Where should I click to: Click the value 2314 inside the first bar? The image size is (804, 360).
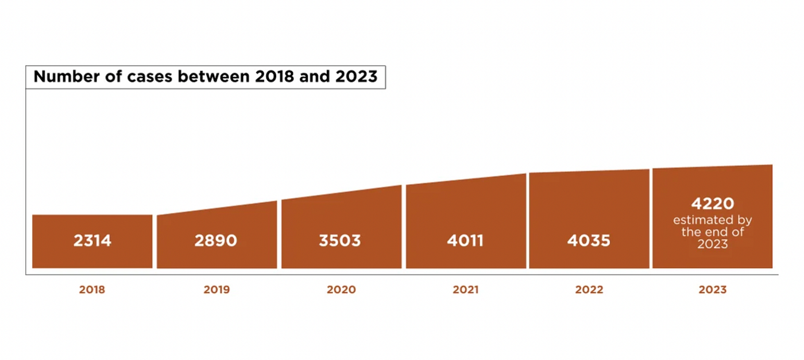[92, 241]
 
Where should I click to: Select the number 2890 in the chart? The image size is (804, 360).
[215, 241]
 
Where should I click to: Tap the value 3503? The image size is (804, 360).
[340, 241]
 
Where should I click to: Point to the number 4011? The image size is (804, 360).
[465, 241]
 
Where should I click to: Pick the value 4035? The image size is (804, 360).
[589, 241]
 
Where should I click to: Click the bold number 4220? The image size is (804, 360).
[712, 204]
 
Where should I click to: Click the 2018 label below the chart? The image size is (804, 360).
[92, 290]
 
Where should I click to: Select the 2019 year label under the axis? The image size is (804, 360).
[217, 290]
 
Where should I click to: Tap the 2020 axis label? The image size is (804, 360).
[341, 290]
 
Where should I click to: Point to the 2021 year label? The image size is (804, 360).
[465, 290]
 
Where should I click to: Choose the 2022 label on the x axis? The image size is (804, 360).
[589, 290]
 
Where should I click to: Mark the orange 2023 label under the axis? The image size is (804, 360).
[712, 290]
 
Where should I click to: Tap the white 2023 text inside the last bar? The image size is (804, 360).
[712, 243]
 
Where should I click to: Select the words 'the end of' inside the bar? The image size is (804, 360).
[712, 232]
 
